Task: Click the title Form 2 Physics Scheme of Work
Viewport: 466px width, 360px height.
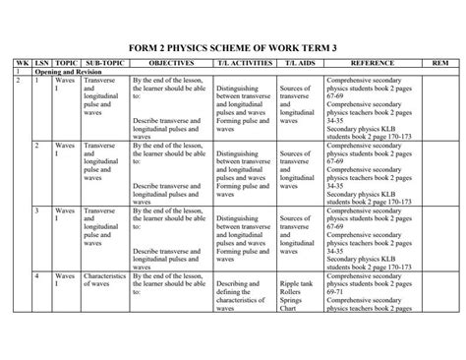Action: [x=232, y=45]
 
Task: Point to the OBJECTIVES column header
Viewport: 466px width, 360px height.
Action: [x=167, y=62]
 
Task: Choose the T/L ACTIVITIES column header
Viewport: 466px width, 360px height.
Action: [x=239, y=62]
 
